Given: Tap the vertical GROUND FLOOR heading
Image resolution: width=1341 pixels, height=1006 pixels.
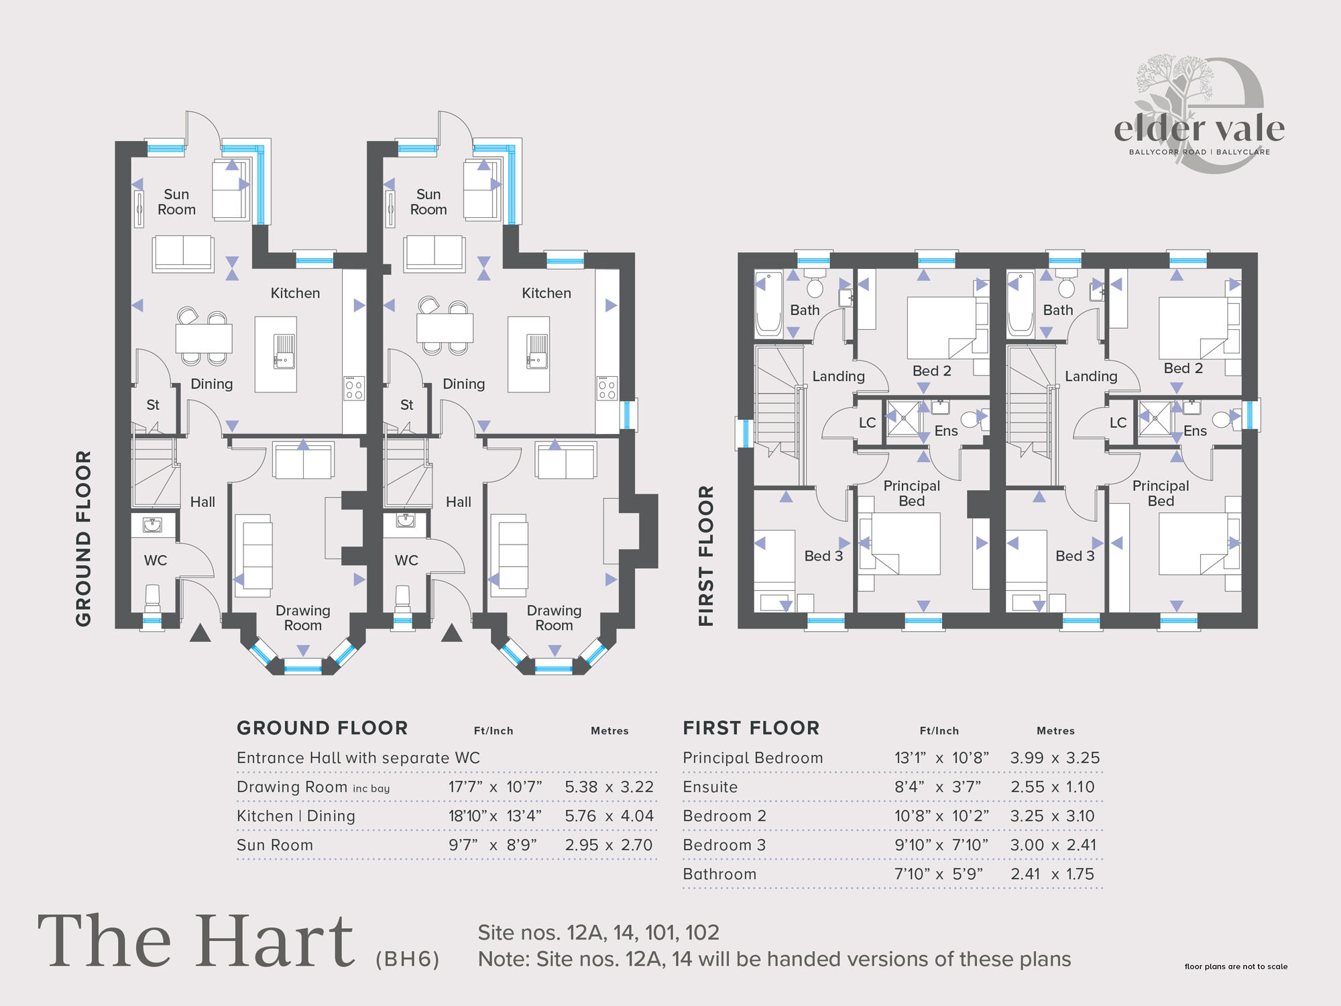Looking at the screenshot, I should pyautogui.click(x=83, y=538).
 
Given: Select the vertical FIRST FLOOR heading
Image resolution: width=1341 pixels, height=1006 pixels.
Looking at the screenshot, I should pyautogui.click(x=706, y=555).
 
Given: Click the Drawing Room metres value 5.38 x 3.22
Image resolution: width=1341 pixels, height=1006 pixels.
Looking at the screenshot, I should pyautogui.click(x=609, y=787).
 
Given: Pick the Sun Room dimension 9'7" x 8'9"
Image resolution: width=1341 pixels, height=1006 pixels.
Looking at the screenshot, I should pyautogui.click(x=493, y=845).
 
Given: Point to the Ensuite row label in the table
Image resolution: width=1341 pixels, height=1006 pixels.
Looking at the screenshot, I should pyautogui.click(x=710, y=787).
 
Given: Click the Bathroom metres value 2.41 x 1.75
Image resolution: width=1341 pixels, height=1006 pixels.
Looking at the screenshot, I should pyautogui.click(x=1052, y=874).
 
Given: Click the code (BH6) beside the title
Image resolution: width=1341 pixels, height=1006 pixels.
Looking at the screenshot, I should pyautogui.click(x=408, y=959).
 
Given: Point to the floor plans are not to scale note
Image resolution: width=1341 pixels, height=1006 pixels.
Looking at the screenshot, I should pyautogui.click(x=1236, y=966).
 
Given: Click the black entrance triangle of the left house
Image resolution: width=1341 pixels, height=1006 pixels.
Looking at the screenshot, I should pyautogui.click(x=200, y=633).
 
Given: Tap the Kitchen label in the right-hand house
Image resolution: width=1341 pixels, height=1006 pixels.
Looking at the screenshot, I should pyautogui.click(x=546, y=293).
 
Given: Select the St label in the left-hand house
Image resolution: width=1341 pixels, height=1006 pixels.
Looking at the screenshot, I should pyautogui.click(x=153, y=405).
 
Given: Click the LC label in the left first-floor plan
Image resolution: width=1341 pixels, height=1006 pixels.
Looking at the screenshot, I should pyautogui.click(x=867, y=423).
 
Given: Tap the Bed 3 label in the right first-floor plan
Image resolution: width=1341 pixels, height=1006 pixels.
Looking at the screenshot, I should pyautogui.click(x=1075, y=556).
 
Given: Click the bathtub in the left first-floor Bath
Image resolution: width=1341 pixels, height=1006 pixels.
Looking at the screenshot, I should pyautogui.click(x=768, y=304).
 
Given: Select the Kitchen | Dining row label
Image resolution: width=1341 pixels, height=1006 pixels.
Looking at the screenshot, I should pyautogui.click(x=296, y=816).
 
